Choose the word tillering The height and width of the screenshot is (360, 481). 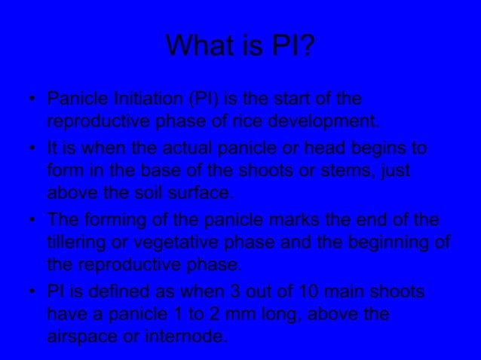(78, 242)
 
